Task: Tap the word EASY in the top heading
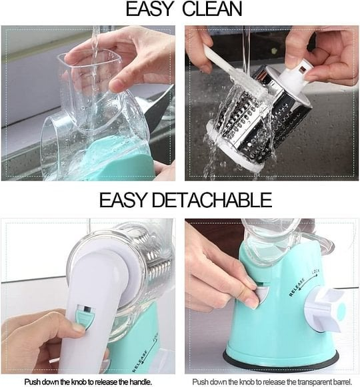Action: click(x=146, y=9)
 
